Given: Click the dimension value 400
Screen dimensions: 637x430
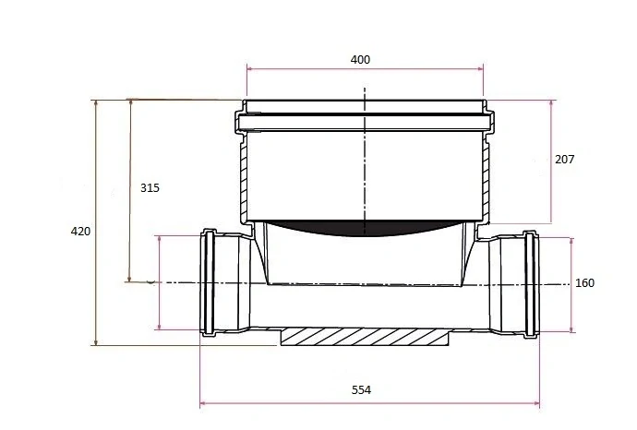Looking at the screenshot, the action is click(x=360, y=60).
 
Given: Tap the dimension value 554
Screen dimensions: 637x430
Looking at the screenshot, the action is click(x=361, y=390).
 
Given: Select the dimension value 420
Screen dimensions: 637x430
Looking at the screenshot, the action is click(x=80, y=232).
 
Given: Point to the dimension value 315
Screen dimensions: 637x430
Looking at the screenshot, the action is click(x=150, y=188).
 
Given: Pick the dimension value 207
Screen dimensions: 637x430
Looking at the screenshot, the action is click(x=565, y=160).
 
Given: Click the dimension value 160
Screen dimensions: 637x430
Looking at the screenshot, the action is click(x=584, y=283).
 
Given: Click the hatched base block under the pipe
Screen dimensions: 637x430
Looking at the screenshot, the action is click(x=365, y=337).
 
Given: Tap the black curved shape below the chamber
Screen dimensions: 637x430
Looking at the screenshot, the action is click(x=364, y=228).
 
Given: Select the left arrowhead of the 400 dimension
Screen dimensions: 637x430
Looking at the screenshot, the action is click(x=250, y=68).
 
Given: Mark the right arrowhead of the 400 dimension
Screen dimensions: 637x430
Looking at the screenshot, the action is click(x=481, y=68).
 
